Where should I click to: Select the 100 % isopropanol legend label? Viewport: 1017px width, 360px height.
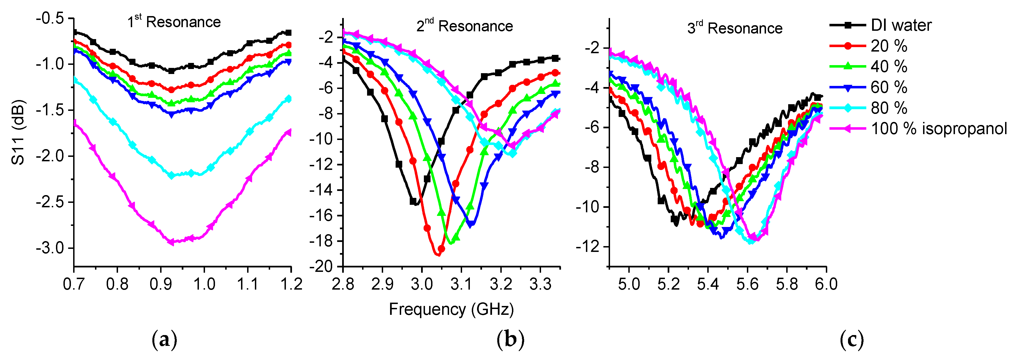(x=939, y=129)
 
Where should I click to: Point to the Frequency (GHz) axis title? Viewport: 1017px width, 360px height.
(x=451, y=309)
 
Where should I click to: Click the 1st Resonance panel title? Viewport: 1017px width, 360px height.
(x=174, y=22)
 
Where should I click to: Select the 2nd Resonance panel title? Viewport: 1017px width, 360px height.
(x=464, y=26)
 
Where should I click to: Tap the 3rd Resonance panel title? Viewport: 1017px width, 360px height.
(x=734, y=28)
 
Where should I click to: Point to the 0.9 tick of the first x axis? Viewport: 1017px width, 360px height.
(x=160, y=284)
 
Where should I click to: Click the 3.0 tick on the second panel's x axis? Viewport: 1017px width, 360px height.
(x=421, y=284)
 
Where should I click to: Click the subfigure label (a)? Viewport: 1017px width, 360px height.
(x=164, y=339)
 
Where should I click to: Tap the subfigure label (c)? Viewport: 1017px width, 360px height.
(x=852, y=339)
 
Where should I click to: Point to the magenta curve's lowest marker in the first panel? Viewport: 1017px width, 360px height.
(x=171, y=242)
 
